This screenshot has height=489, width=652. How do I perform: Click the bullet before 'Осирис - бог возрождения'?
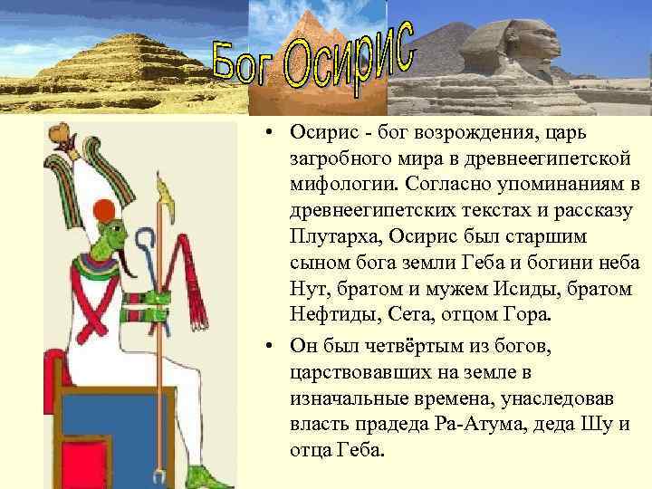click(x=272, y=134)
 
